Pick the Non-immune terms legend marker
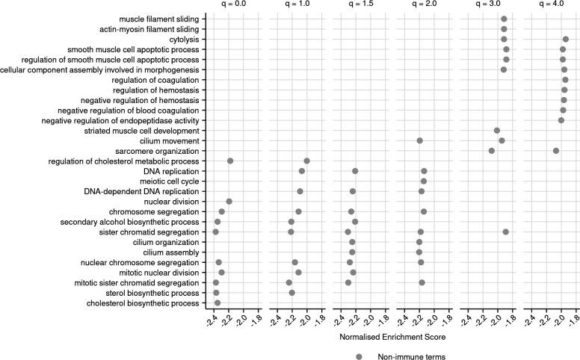coord(360,356)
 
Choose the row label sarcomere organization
coord(158,151)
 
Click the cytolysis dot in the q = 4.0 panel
coord(566,39)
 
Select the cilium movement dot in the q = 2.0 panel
coord(419,140)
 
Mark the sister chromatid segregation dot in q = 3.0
coord(506,232)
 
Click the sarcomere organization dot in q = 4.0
coord(556,151)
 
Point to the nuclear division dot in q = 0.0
coord(229,202)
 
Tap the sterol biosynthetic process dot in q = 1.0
coord(291,293)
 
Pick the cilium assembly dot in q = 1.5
coord(352,252)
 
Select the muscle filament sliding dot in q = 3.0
coord(504,19)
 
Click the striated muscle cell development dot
coord(497,131)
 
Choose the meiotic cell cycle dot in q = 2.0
coord(423,181)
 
